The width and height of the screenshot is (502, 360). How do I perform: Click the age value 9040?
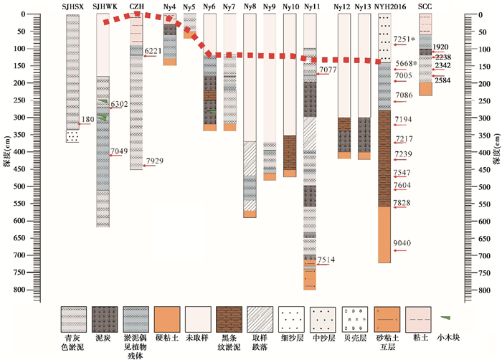403,243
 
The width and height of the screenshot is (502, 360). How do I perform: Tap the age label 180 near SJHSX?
88,119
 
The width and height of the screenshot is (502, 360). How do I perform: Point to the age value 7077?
327,69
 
